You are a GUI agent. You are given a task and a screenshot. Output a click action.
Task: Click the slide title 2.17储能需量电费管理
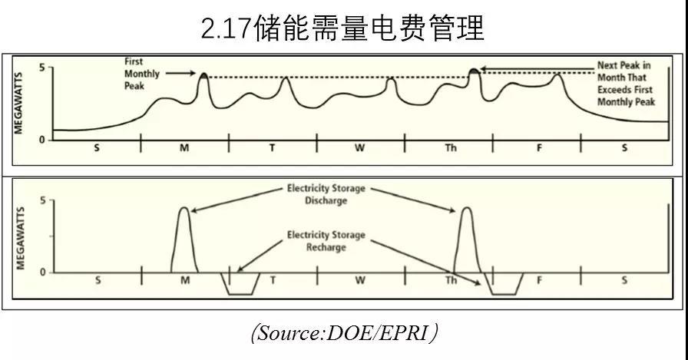tap(342, 28)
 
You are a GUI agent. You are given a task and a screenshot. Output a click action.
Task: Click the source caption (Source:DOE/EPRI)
tap(344, 332)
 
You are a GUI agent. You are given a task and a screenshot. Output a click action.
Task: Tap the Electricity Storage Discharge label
tap(326, 193)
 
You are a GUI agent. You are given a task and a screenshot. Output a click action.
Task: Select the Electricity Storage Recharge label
tap(326, 241)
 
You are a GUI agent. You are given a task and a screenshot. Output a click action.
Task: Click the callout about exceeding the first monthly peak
tap(624, 84)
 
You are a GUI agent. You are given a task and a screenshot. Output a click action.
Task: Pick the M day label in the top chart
tap(184, 147)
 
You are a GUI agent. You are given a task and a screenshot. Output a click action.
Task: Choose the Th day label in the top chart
tap(450, 147)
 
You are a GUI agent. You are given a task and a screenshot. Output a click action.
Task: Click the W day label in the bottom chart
tap(360, 280)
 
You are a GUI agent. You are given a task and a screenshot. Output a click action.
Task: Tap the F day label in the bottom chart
tap(539, 280)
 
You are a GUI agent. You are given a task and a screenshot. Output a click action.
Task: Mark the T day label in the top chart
tap(272, 147)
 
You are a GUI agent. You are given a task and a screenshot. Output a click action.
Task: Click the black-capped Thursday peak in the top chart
tap(474, 71)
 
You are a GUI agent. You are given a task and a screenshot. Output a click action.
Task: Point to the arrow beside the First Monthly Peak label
tap(181, 74)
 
